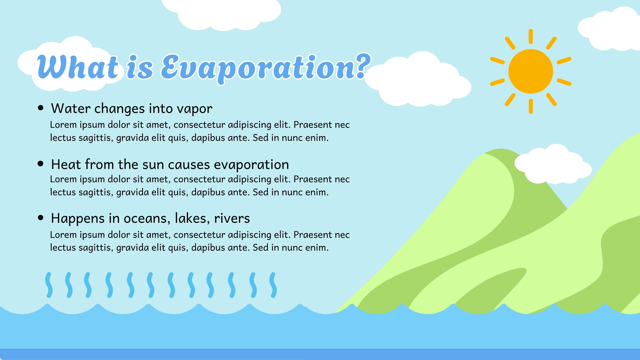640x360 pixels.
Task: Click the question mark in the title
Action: [x=363, y=66]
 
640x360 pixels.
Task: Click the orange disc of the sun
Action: [x=530, y=72]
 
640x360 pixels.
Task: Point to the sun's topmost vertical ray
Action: [x=530, y=36]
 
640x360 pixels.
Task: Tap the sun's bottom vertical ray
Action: [x=530, y=106]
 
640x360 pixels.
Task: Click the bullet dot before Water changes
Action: [x=40, y=108]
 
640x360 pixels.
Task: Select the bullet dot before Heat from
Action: [x=40, y=164]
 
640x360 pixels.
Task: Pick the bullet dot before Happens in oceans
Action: [x=40, y=218]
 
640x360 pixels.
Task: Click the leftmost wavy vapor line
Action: [x=49, y=285]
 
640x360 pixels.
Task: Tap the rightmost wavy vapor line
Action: [x=273, y=285]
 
